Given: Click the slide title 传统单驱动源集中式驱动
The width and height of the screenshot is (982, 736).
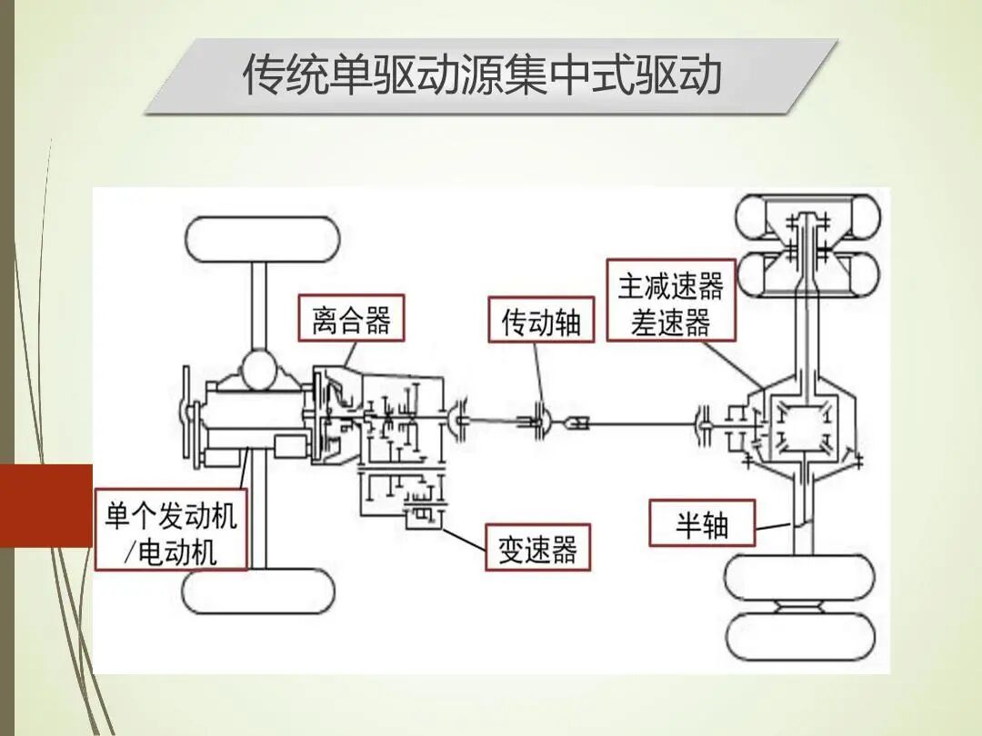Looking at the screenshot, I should coord(481,75).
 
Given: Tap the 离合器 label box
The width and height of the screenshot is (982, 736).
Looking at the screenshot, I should coord(351,320).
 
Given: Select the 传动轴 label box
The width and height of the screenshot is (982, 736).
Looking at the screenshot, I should coord(541,321).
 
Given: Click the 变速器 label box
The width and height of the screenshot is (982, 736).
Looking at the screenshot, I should coord(537,548).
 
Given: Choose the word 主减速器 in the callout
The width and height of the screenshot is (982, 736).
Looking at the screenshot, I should coord(671,288).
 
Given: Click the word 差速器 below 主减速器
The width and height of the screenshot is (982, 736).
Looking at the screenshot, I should coord(671,322).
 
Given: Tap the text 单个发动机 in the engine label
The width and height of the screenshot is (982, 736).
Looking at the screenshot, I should coord(171,516).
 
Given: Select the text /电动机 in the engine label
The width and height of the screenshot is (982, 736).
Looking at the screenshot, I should coord(171,552).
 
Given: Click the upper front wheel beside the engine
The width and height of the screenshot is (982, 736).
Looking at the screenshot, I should coord(262,239).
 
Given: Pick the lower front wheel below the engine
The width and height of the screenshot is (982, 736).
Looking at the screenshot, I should coord(259,592).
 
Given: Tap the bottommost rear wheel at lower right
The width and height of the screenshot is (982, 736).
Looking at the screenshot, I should coord(800,636).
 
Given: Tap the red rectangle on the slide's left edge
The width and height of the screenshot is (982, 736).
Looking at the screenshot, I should coord(45,505).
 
